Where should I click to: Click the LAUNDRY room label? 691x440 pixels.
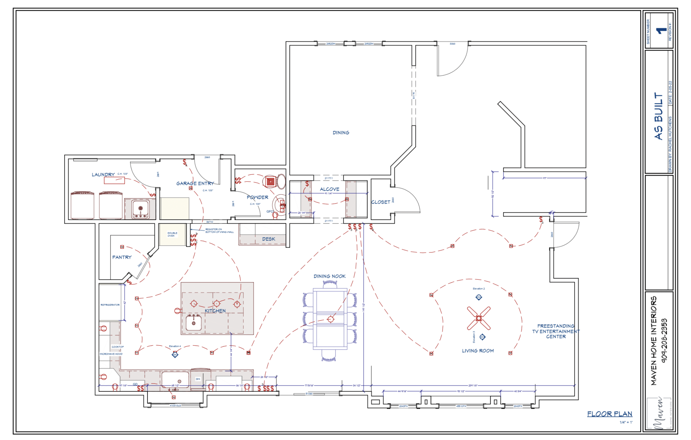tap(103, 175)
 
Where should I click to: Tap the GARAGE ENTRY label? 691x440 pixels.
tap(195, 183)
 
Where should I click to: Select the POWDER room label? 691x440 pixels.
tap(257, 197)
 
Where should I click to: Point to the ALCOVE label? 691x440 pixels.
tap(330, 189)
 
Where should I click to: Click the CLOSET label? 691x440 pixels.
tap(381, 202)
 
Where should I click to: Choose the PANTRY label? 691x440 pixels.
tap(122, 257)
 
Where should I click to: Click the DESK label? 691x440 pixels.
tap(268, 239)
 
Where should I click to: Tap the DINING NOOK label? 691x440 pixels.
tap(330, 276)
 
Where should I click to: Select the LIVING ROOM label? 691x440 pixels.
tap(478, 351)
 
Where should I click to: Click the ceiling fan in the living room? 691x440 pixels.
tap(479, 318)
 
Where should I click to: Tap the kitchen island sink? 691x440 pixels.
tap(194, 323)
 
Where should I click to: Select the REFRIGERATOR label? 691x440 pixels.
tap(110, 305)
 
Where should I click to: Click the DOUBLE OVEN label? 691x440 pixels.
tap(172, 234)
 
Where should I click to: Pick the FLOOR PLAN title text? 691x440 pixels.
tap(610, 414)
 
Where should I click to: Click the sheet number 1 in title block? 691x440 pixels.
tap(661, 31)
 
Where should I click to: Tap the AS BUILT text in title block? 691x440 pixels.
tap(659, 116)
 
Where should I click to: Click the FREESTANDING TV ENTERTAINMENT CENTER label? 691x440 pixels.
tap(556, 331)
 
